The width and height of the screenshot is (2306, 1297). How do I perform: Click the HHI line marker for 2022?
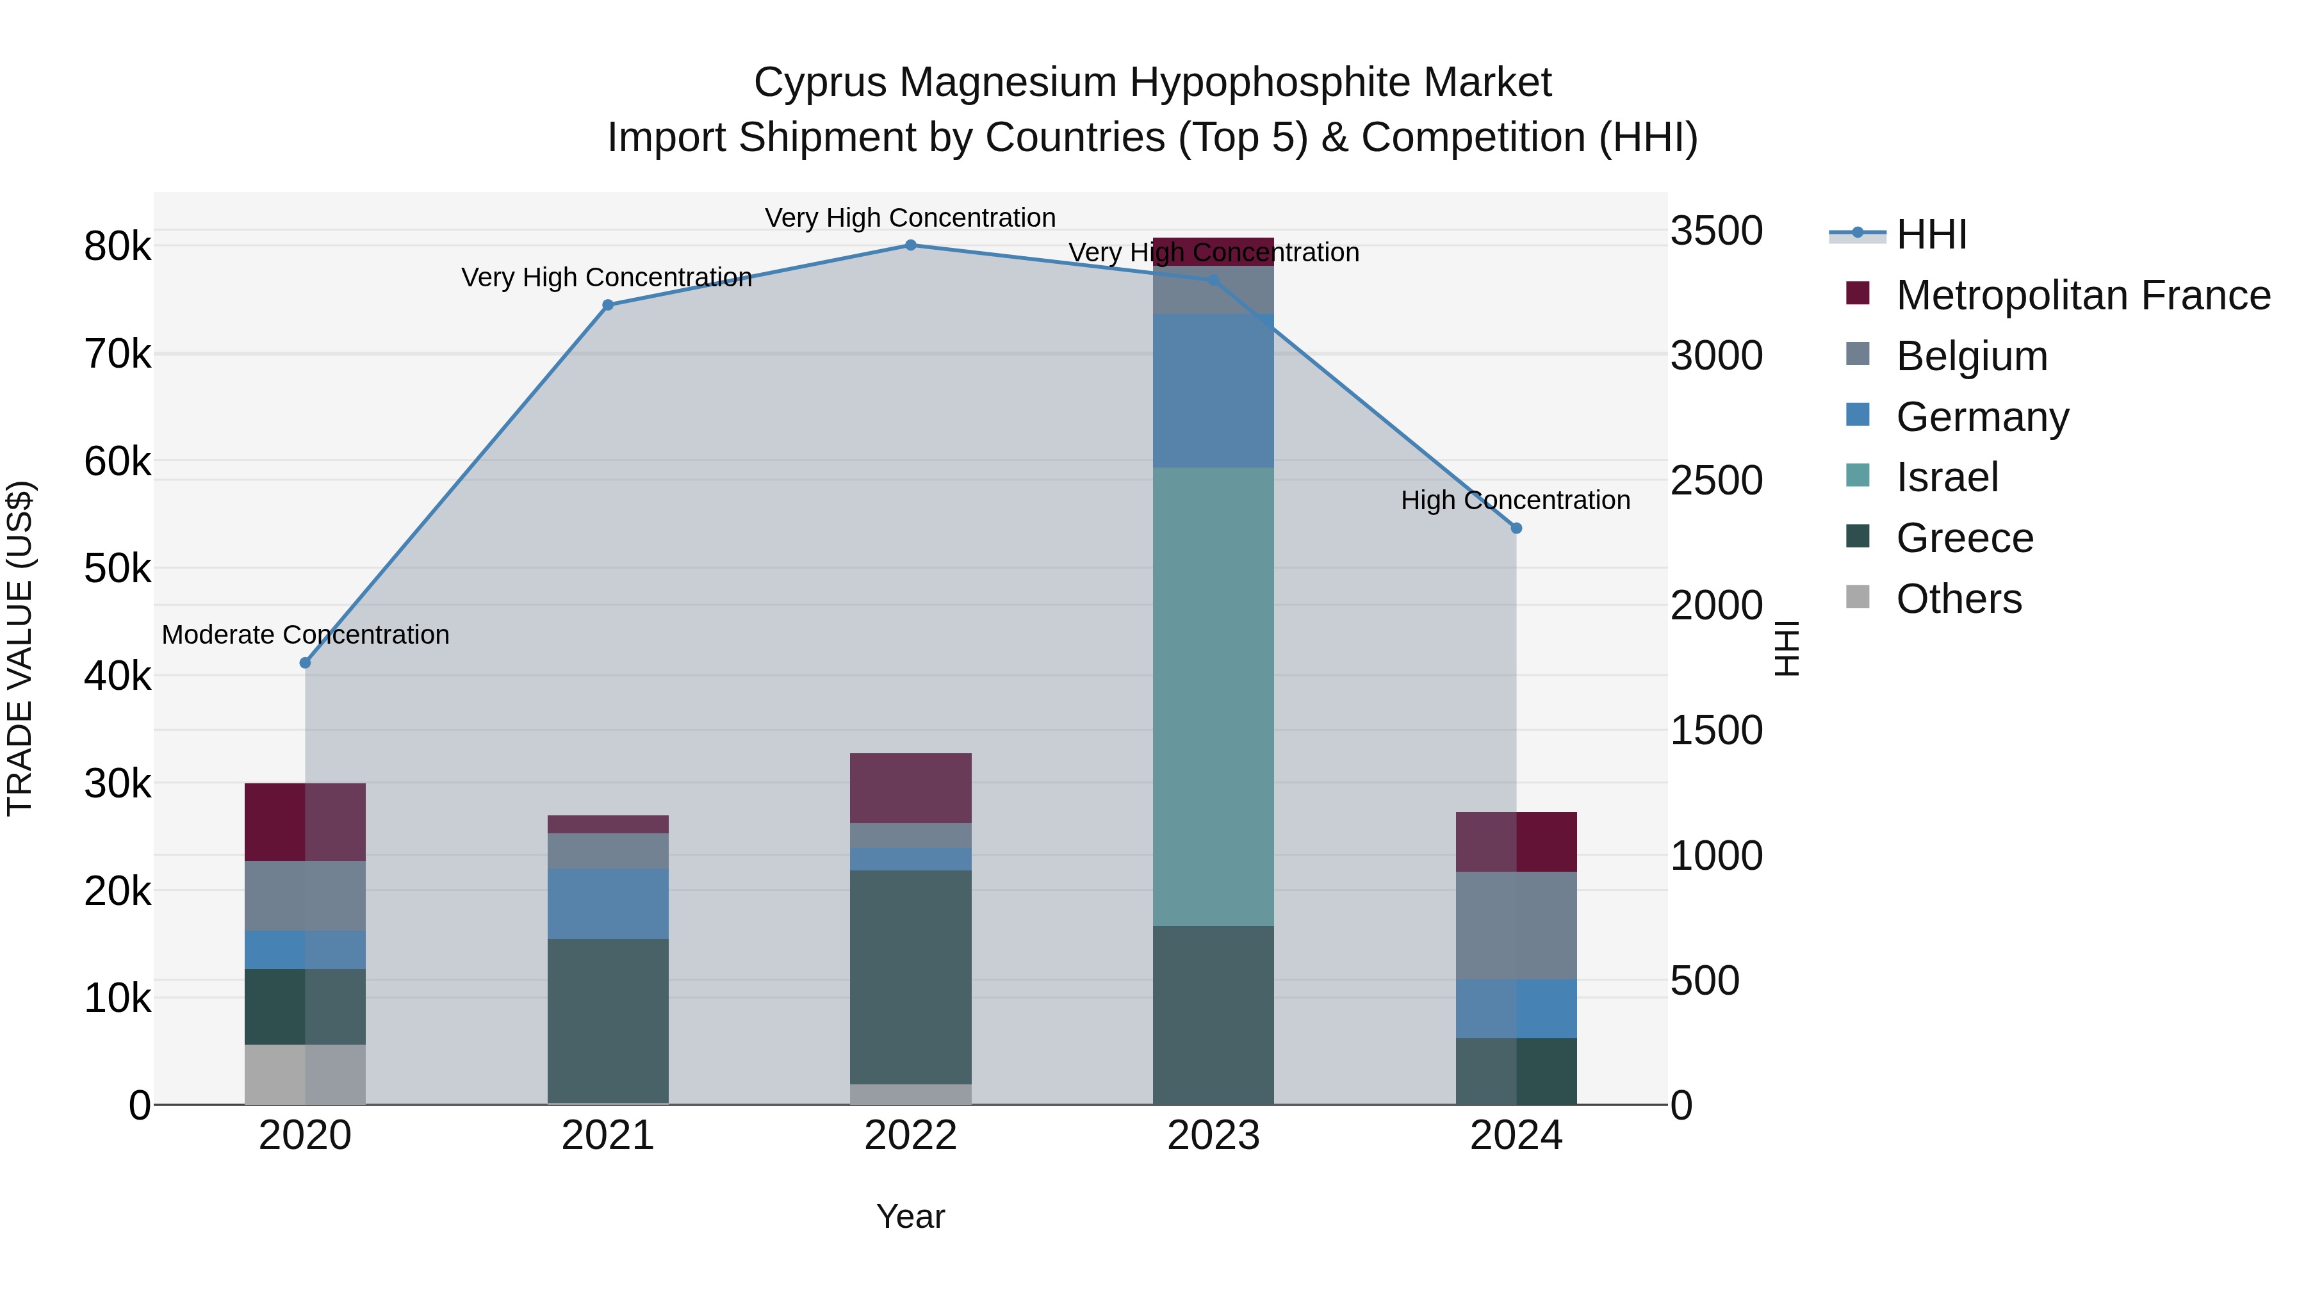(x=910, y=245)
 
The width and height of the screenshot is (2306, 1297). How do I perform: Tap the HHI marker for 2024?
(x=1516, y=529)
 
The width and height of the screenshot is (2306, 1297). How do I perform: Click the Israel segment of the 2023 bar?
(x=1213, y=696)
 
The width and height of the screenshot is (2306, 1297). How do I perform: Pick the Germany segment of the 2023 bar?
(x=1213, y=391)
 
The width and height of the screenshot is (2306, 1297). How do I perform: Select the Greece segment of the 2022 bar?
(x=910, y=977)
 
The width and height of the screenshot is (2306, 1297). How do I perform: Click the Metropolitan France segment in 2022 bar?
(x=910, y=788)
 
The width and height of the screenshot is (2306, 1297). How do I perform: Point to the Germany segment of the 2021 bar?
(x=608, y=903)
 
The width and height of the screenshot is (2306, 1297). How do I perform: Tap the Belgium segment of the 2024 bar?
(x=1516, y=926)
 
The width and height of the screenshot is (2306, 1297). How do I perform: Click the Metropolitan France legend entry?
(x=2082, y=295)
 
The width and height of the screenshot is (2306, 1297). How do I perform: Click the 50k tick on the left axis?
(x=117, y=568)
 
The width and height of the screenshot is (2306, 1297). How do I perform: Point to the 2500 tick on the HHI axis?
(x=1716, y=480)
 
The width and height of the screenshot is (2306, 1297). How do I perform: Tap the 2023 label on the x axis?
(x=1213, y=1136)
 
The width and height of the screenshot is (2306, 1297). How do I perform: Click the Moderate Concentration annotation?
(x=306, y=635)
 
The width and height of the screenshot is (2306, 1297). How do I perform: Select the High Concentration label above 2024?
(x=1516, y=500)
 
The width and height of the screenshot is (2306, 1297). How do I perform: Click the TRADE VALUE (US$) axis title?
(x=20, y=648)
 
